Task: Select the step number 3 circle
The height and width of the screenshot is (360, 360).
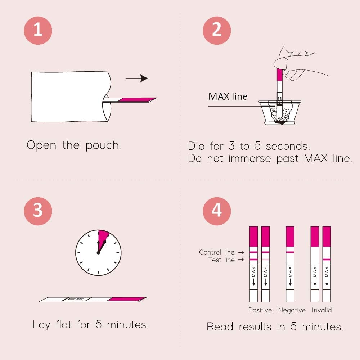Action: [38, 210]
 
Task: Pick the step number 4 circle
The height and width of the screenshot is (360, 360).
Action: [216, 210]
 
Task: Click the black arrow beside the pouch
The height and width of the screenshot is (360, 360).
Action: [137, 78]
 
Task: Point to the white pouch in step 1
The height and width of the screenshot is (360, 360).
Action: [68, 96]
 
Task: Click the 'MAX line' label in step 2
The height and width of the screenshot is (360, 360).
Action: [228, 96]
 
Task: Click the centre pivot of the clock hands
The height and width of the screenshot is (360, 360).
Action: [98, 253]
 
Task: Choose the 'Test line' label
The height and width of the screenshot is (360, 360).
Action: [221, 260]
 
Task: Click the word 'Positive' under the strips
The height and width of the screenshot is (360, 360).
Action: [260, 310]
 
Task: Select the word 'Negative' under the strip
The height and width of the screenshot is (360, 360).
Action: [292, 310]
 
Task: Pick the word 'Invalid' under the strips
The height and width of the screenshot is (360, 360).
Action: [321, 310]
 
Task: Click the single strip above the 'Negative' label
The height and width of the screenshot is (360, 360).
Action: [290, 264]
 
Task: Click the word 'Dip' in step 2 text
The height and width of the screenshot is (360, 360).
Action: [197, 147]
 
